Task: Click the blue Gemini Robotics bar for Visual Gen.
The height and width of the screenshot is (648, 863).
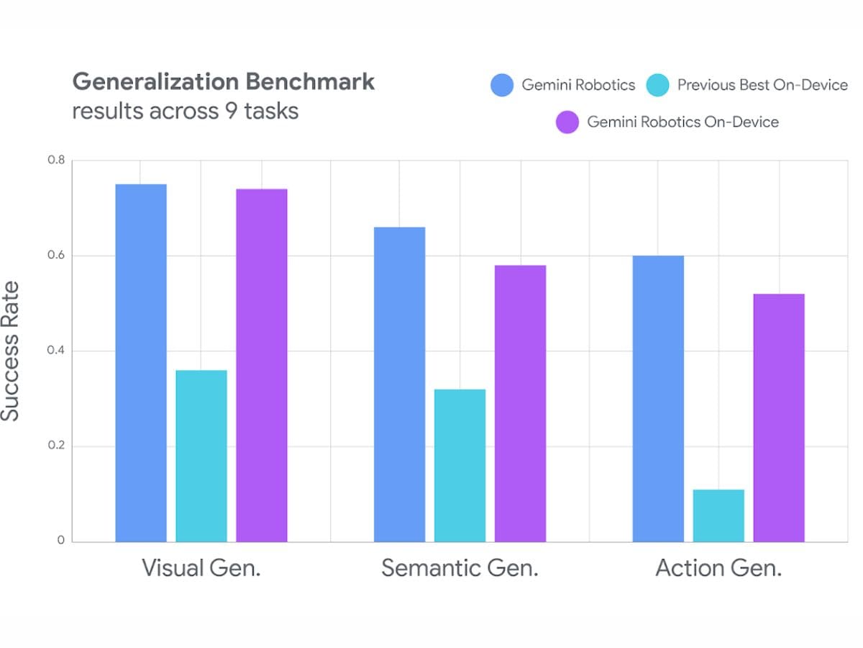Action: click(x=141, y=363)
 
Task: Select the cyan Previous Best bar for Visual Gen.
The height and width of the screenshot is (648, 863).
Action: click(x=201, y=456)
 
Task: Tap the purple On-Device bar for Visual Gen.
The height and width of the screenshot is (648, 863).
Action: click(x=262, y=365)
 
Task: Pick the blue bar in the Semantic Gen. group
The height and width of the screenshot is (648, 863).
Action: click(x=400, y=384)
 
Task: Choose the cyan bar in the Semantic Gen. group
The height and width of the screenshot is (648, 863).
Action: click(x=460, y=465)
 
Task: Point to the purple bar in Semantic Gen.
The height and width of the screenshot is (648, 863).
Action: click(x=520, y=403)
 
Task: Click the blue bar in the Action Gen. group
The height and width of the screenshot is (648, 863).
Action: click(x=658, y=399)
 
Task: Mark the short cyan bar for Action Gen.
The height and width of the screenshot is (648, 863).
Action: click(x=718, y=516)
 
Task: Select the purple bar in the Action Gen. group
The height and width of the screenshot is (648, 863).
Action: click(x=779, y=418)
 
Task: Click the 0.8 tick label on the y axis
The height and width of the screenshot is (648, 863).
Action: click(x=56, y=160)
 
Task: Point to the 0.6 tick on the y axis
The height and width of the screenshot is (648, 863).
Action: click(x=56, y=256)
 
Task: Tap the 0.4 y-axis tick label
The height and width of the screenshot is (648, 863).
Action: click(x=56, y=351)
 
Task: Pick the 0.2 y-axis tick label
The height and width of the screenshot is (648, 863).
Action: click(x=56, y=446)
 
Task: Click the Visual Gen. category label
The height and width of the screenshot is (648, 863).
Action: click(x=201, y=568)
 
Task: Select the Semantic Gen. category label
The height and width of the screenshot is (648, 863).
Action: click(x=460, y=568)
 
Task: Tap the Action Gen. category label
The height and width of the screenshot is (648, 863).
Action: click(x=718, y=568)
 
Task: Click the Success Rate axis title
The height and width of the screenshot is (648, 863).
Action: click(x=10, y=351)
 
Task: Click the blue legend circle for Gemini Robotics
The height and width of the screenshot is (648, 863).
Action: click(x=502, y=86)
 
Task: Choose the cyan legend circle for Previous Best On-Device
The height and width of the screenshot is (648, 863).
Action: click(x=658, y=86)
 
